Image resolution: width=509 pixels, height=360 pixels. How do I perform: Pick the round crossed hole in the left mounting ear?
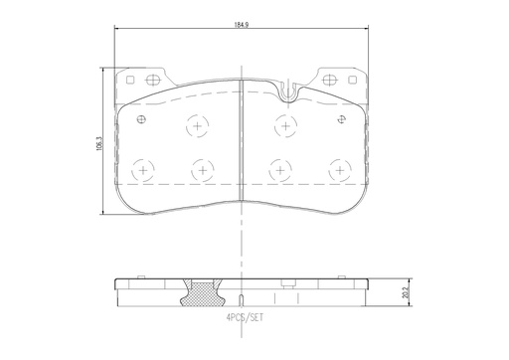point(153,81)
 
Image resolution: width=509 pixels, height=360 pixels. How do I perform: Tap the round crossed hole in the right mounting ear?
point(330,81)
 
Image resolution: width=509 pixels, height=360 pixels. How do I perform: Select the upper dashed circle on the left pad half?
point(197,127)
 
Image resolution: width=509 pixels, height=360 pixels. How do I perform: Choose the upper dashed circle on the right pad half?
point(285,127)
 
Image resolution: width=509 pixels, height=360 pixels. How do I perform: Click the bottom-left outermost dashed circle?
point(144,170)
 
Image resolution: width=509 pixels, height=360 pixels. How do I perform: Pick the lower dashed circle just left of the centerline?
point(203,170)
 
